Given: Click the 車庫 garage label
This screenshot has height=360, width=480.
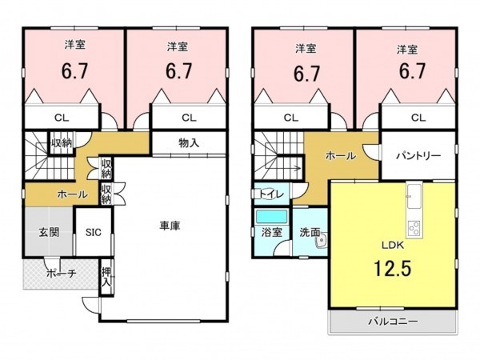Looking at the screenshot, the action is point(170,226).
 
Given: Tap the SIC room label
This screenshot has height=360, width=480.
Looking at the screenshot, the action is point(94,232).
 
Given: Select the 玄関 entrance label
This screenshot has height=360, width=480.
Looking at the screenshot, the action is point(49,232).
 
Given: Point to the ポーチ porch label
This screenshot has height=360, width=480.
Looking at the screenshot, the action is point(62,273).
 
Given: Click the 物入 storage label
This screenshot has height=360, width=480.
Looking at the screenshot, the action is point(189,142).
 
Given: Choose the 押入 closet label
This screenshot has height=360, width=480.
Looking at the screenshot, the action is point(106,277).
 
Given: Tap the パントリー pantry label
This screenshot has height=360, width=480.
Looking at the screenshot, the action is point(418,155).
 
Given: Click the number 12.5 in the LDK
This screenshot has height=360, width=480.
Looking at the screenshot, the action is point(393,268).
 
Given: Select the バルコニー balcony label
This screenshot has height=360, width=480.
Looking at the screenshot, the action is point(393,322).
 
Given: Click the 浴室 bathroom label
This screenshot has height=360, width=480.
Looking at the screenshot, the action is point(271,232).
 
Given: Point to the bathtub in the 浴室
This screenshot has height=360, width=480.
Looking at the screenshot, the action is point(271,217).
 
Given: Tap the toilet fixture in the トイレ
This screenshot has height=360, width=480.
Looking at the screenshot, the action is point(267,194).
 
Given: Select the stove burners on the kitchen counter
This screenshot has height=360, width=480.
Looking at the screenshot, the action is point(414,228).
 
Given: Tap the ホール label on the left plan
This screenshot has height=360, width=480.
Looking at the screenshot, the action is point(72,194).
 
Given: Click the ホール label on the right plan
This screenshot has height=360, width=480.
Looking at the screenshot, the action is point(341,155).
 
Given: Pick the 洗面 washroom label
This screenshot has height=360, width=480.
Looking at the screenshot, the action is point(310,232).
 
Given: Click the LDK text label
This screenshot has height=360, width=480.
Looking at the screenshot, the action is point(393,245).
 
